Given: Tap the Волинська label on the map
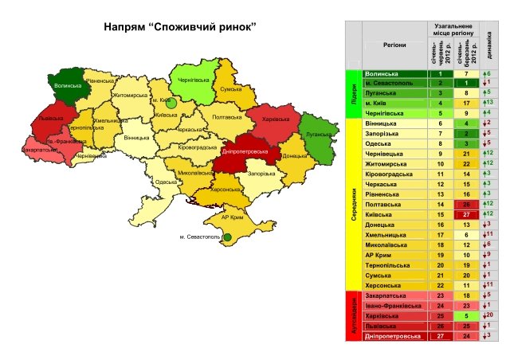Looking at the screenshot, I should point(69,85).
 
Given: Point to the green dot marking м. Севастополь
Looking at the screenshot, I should point(227,237).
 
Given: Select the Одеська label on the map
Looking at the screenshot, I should point(166,182).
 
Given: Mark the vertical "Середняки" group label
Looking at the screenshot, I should point(351,204).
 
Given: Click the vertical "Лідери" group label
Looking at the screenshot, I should point(351,93).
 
